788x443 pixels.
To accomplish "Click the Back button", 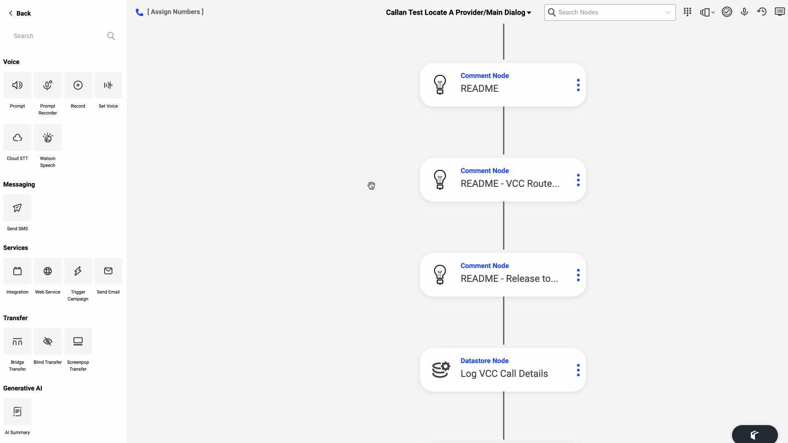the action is (x=20, y=13).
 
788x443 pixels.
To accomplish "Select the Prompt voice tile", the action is (x=17, y=85).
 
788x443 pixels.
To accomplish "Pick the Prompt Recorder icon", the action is (x=48, y=85).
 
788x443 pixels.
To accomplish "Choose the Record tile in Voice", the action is (x=78, y=85).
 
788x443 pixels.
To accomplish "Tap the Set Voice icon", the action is (x=108, y=85).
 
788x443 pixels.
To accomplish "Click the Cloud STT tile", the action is (x=17, y=138).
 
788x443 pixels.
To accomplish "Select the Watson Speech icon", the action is (x=48, y=138).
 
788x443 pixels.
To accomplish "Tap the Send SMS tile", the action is (x=17, y=208).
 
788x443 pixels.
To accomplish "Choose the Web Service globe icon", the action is (x=48, y=271).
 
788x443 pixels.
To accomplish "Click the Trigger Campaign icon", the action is (x=78, y=271).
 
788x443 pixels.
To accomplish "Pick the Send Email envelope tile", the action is (x=108, y=271).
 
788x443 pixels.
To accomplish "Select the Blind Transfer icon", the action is (x=48, y=342).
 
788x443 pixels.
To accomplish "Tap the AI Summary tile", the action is (x=17, y=412).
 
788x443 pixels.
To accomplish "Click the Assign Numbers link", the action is (x=175, y=12).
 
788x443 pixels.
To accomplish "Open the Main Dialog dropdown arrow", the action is (x=529, y=13).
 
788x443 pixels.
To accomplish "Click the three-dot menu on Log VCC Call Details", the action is (x=578, y=370).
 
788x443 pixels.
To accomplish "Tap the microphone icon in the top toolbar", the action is (x=744, y=12).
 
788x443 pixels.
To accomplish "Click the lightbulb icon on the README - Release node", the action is (x=440, y=275).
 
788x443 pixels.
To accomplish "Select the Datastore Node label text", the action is (x=485, y=361).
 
